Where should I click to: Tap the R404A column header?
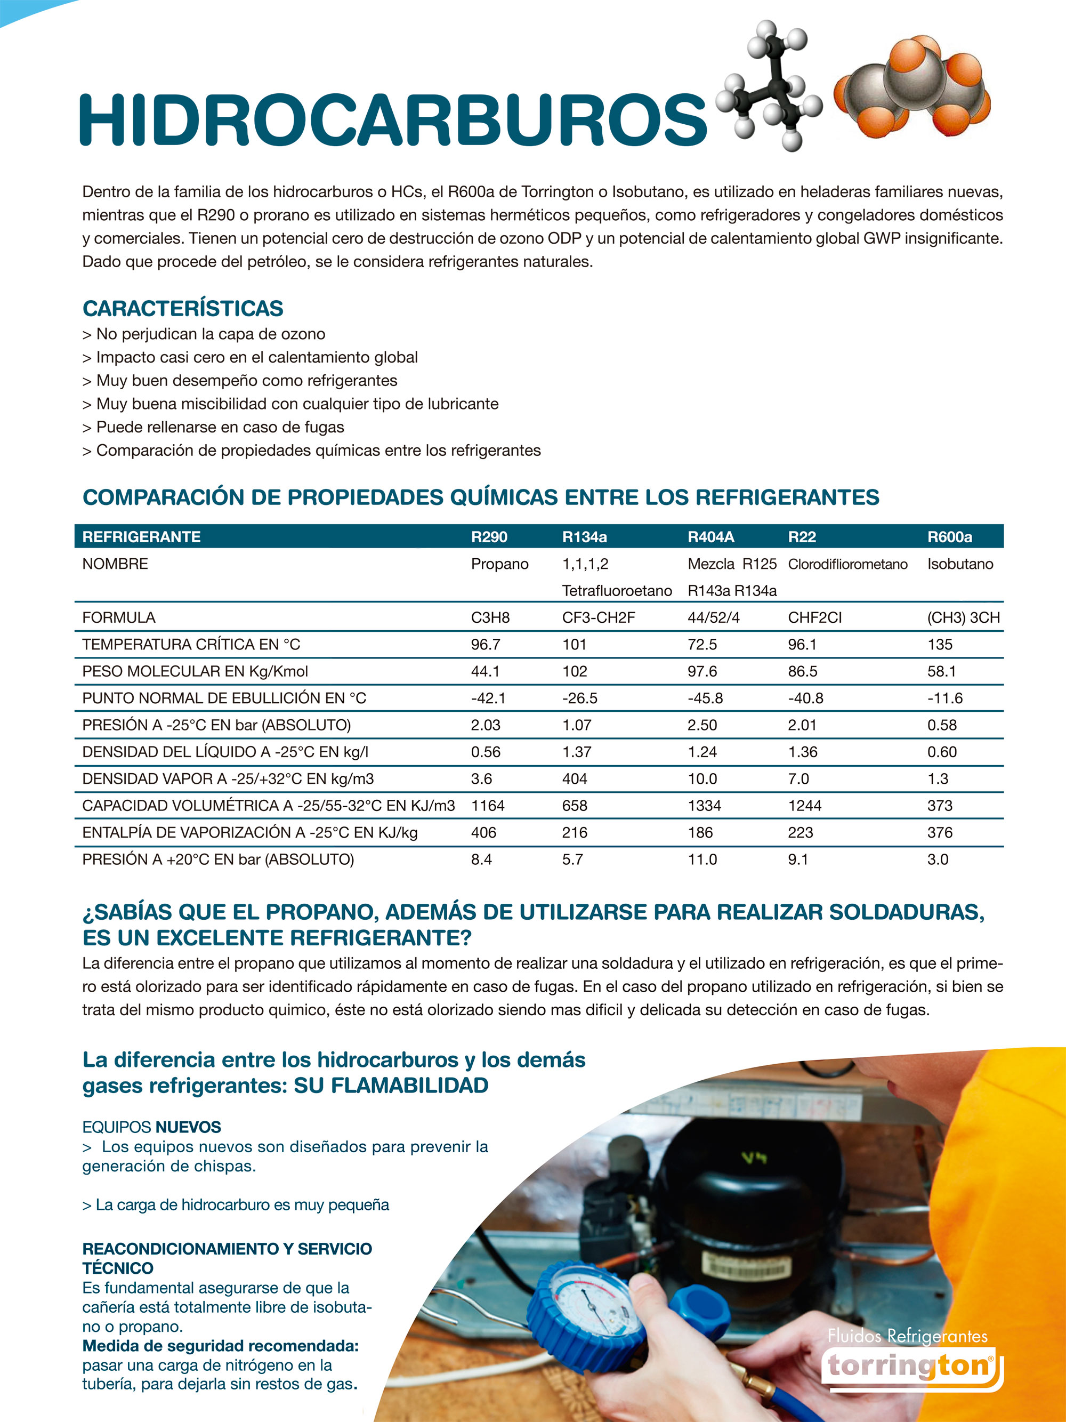710,537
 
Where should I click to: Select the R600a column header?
949,537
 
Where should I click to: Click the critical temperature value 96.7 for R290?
486,644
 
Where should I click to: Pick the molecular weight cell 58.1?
941,671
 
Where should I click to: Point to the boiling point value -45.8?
705,698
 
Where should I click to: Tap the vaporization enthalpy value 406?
483,832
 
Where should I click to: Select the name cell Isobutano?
960,564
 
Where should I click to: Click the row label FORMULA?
119,618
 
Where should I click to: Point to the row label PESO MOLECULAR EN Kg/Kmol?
195,671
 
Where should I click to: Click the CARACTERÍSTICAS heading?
182,309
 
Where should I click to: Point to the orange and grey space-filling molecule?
912,84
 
